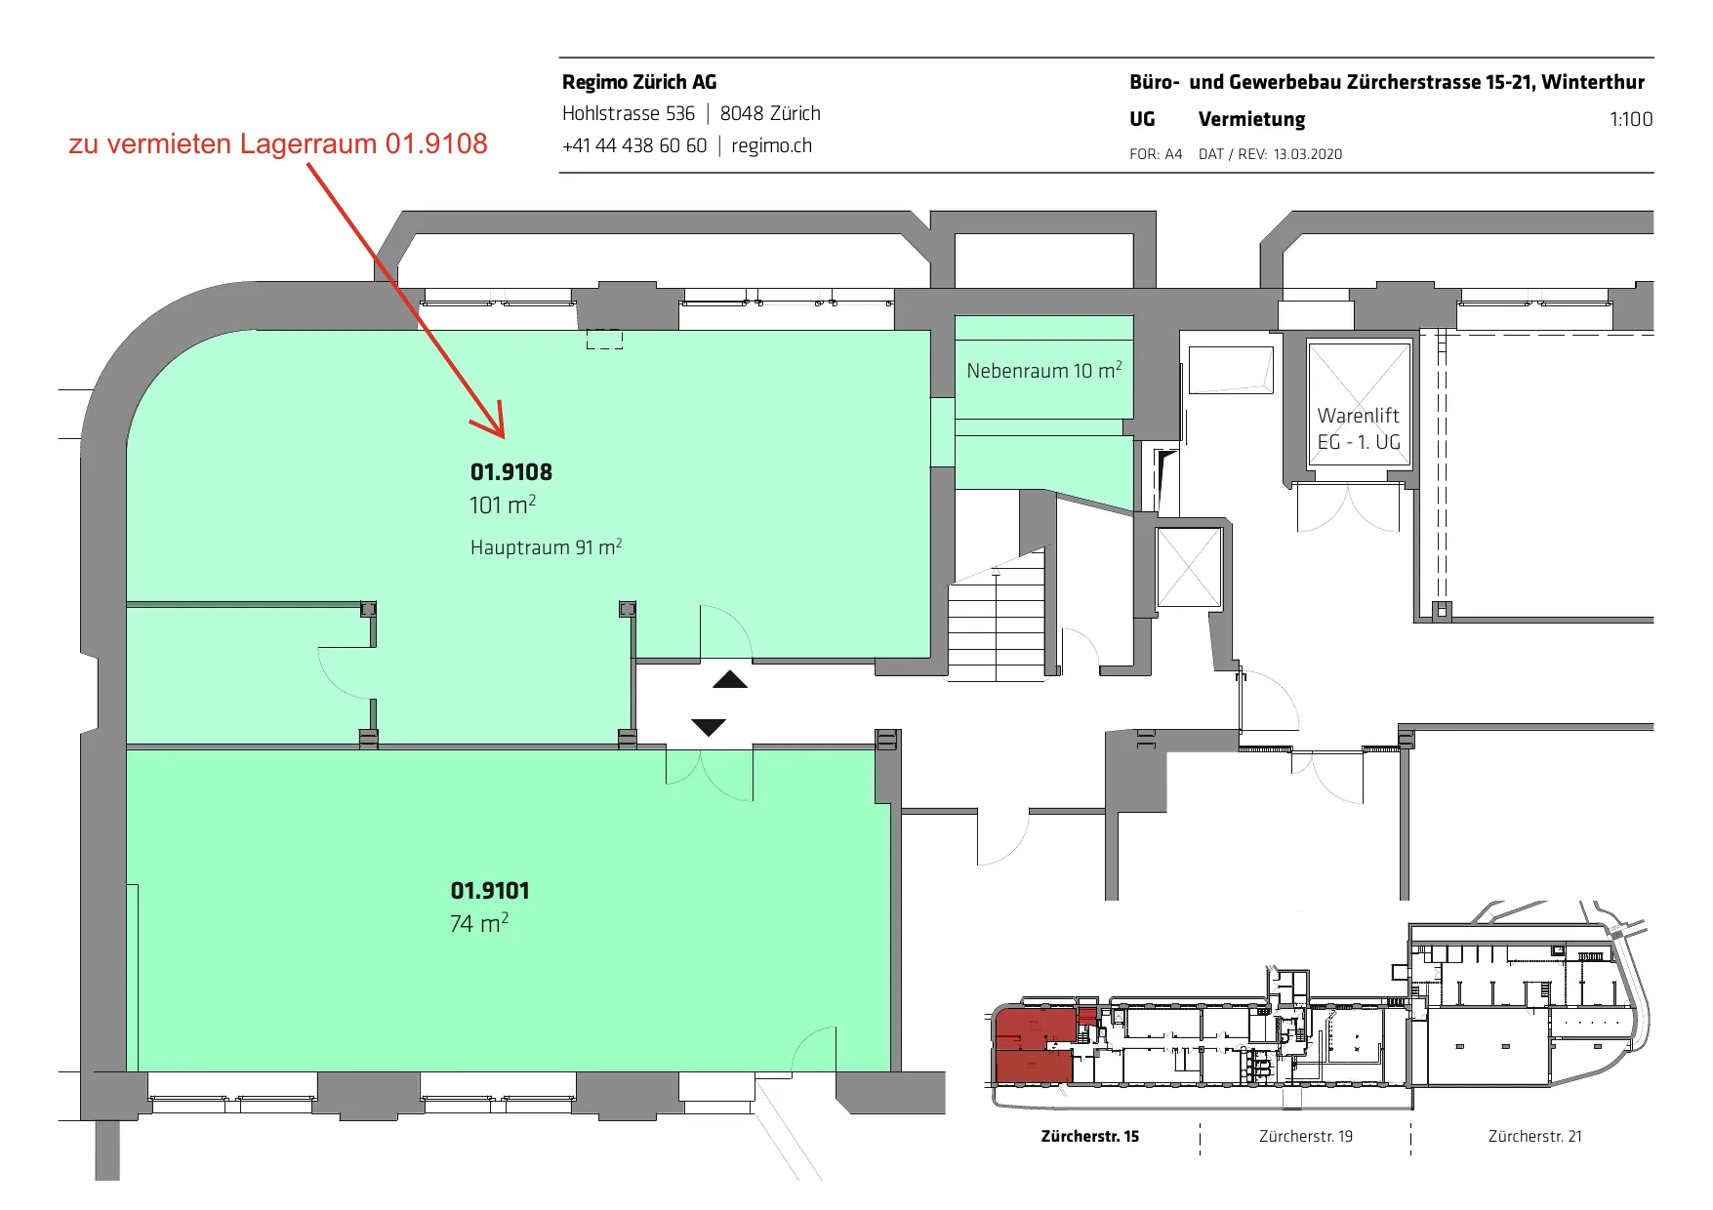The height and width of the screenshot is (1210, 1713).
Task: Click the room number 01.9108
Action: pyautogui.click(x=510, y=472)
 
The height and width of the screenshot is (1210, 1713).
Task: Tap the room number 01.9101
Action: pyautogui.click(x=490, y=891)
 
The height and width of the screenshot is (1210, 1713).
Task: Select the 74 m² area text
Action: pyautogui.click(x=479, y=923)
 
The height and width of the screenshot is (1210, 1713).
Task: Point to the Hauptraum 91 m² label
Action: pyautogui.click(x=546, y=546)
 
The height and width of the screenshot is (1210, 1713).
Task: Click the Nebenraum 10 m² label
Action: pyautogui.click(x=1043, y=371)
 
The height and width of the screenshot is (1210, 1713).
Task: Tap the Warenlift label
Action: pyautogui.click(x=1358, y=416)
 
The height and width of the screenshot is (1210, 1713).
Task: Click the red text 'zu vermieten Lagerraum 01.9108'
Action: pyautogui.click(x=278, y=143)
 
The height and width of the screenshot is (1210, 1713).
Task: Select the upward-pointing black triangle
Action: pyautogui.click(x=730, y=679)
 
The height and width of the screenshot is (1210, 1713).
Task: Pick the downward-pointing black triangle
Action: pyautogui.click(x=709, y=727)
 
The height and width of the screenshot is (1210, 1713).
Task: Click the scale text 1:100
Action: pyautogui.click(x=1631, y=119)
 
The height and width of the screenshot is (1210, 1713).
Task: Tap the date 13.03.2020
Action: pyautogui.click(x=1308, y=154)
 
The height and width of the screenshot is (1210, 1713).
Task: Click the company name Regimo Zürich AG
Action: pyautogui.click(x=639, y=82)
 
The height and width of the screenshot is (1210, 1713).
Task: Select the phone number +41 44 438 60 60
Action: pyautogui.click(x=634, y=145)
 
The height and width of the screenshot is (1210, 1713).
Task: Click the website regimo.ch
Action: pyautogui.click(x=771, y=145)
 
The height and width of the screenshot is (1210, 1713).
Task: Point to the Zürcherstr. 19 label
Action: pyautogui.click(x=1306, y=1136)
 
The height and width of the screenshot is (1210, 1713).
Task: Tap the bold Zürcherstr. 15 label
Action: pyautogui.click(x=1090, y=1136)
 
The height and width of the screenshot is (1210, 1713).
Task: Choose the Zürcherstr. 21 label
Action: pyautogui.click(x=1535, y=1136)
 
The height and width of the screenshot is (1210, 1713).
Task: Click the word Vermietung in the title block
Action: pyautogui.click(x=1252, y=119)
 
